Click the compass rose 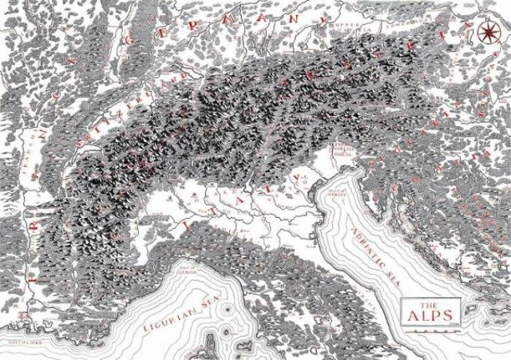coord(488,32)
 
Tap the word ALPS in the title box coord(430,315)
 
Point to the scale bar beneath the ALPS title coord(430,326)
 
